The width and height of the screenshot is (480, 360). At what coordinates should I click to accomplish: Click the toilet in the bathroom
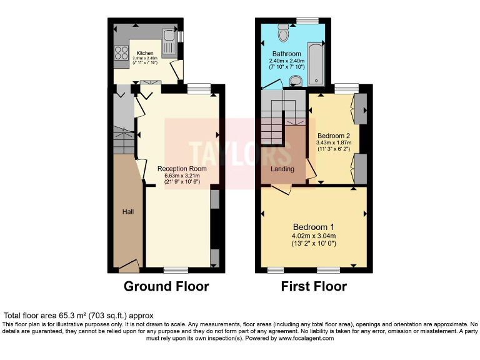coord(283,30)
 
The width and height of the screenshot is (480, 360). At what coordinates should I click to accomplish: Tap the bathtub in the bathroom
coord(316,63)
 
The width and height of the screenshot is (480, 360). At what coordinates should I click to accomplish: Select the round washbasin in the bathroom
coord(296,79)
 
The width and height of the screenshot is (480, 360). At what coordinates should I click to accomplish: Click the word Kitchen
coord(145,53)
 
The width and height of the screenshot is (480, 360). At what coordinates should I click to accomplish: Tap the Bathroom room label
coord(287,54)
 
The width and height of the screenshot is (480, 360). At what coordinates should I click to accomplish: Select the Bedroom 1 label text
coord(314,226)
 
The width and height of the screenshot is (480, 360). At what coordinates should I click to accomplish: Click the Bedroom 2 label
coord(334,136)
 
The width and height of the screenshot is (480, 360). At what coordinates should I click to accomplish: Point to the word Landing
coord(282,169)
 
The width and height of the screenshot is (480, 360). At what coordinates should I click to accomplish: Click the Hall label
coord(128,212)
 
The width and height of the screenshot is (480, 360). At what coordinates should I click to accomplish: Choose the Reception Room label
coord(182,169)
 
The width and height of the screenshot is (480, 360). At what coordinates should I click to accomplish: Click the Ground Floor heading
coord(166,287)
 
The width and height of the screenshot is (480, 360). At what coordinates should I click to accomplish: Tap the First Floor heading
coord(314,287)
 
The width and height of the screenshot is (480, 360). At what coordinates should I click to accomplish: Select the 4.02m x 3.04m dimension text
coord(314,236)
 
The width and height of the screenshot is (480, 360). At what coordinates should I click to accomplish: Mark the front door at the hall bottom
coord(129,267)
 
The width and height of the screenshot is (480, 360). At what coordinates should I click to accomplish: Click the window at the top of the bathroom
coord(306,21)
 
